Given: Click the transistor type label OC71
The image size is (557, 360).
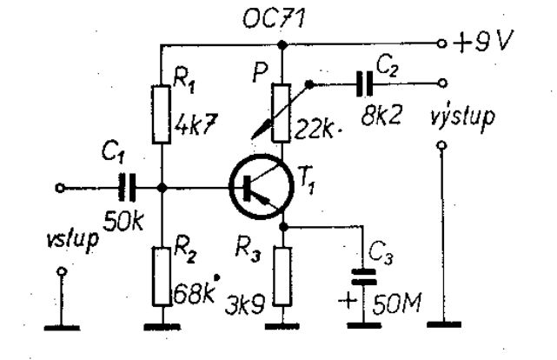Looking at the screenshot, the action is click(273, 17).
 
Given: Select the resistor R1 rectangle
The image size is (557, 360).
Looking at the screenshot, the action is click(162, 115).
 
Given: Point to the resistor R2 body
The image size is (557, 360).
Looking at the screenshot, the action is click(162, 277).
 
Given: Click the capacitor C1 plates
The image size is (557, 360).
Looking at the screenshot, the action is click(127, 187).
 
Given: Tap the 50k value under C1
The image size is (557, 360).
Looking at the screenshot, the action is click(123, 222).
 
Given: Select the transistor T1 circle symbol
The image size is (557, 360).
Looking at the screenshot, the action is click(262, 186).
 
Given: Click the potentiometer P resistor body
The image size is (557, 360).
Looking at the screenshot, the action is click(282, 113).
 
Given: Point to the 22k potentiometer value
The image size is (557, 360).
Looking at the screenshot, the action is click(314, 129).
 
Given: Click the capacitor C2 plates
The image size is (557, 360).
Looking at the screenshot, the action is click(365, 83).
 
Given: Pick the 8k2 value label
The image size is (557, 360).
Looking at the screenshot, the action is click(381, 116).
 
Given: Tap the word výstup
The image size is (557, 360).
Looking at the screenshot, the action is click(461, 117).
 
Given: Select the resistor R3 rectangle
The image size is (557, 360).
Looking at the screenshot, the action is click(283, 277).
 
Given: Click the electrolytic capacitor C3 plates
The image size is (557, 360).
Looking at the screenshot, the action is click(363, 277).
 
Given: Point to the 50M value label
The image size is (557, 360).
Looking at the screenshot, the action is click(397, 303).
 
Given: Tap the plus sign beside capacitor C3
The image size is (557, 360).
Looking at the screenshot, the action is click(347, 302).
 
